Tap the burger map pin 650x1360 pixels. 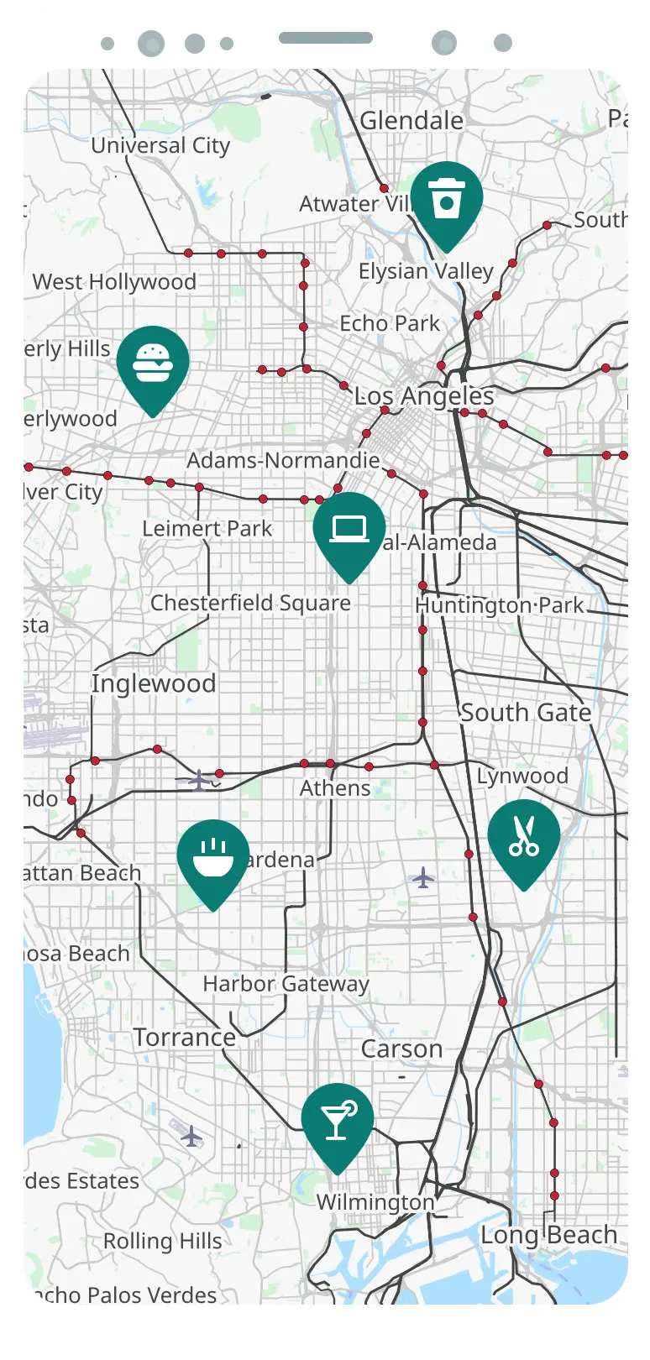pyautogui.click(x=153, y=364)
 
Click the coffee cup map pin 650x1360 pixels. pyautogui.click(x=447, y=200)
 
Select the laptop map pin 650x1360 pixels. pyautogui.click(x=349, y=530)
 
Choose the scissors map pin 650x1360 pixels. pyautogui.click(x=524, y=838)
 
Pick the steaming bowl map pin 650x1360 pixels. pyautogui.click(x=213, y=857)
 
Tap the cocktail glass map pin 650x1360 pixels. pyautogui.click(x=338, y=1122)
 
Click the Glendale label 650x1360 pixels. pyautogui.click(x=411, y=121)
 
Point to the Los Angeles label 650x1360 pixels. pyautogui.click(x=424, y=395)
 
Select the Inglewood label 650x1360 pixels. pyautogui.click(x=154, y=683)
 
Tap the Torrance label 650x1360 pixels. pyautogui.click(x=185, y=1037)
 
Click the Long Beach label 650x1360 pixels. pyautogui.click(x=548, y=1235)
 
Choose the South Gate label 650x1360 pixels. pyautogui.click(x=526, y=713)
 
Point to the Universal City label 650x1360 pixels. pyautogui.click(x=160, y=145)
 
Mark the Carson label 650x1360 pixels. pyautogui.click(x=401, y=1049)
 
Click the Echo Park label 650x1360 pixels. pyautogui.click(x=390, y=323)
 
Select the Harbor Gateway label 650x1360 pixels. pyautogui.click(x=286, y=983)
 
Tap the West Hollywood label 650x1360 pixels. pyautogui.click(x=114, y=282)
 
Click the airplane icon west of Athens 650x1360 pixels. pyautogui.click(x=198, y=780)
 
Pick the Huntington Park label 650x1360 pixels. pyautogui.click(x=500, y=605)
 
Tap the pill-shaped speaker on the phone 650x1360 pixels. pyautogui.click(x=326, y=38)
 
